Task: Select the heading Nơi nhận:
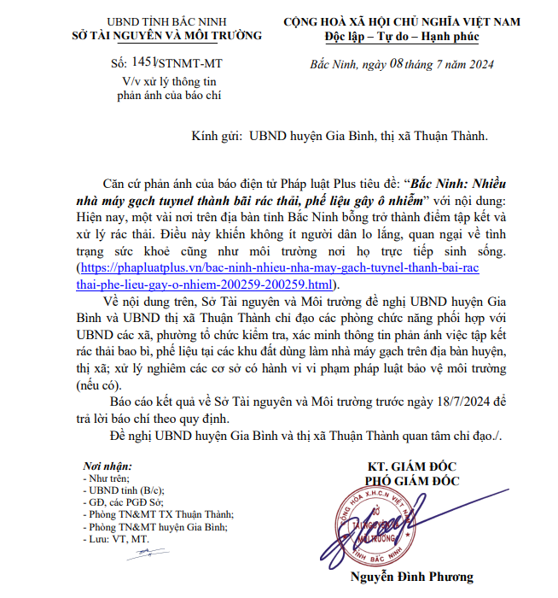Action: coord(108,466)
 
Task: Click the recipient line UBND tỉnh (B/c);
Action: coord(124,490)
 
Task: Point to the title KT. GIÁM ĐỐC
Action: coord(413,467)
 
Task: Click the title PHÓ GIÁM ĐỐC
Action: coord(413,481)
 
